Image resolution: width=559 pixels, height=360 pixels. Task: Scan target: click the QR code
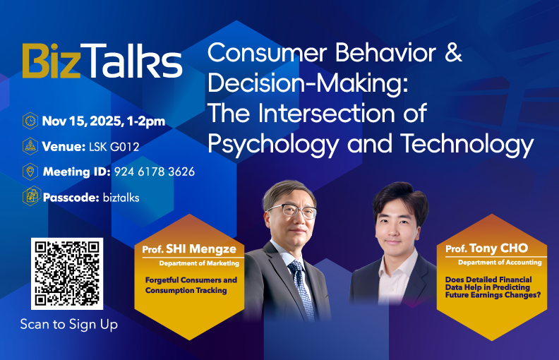(x=67, y=273)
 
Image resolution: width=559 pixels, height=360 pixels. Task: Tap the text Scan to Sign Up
(x=68, y=325)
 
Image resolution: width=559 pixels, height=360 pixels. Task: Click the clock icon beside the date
(x=30, y=121)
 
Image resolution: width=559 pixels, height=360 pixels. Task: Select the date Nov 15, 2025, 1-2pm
(x=103, y=121)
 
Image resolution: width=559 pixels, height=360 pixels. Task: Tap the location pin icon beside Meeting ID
(x=30, y=172)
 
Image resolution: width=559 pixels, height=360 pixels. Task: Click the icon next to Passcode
(x=30, y=197)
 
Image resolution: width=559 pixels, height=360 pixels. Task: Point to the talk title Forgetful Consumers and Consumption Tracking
(x=191, y=285)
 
